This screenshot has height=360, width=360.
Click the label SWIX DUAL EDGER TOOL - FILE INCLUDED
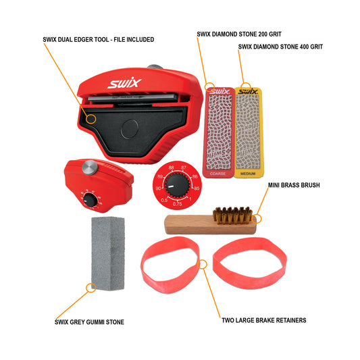(98, 40)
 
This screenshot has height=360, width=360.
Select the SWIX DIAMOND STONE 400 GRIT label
(280, 47)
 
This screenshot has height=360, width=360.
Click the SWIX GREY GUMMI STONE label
(90, 322)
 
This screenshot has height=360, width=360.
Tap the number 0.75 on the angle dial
(177, 203)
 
